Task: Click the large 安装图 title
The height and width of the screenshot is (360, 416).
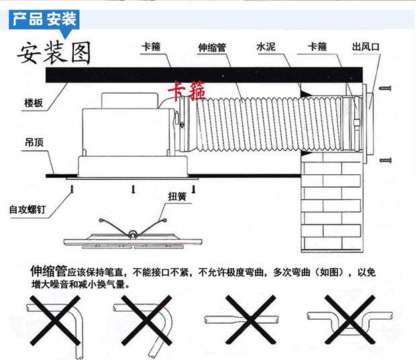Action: tap(53, 53)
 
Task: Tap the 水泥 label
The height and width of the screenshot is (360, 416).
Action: tap(266, 48)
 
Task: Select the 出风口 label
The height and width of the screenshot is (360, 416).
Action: tap(366, 48)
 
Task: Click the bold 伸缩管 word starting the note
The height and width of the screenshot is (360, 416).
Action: tap(48, 272)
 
